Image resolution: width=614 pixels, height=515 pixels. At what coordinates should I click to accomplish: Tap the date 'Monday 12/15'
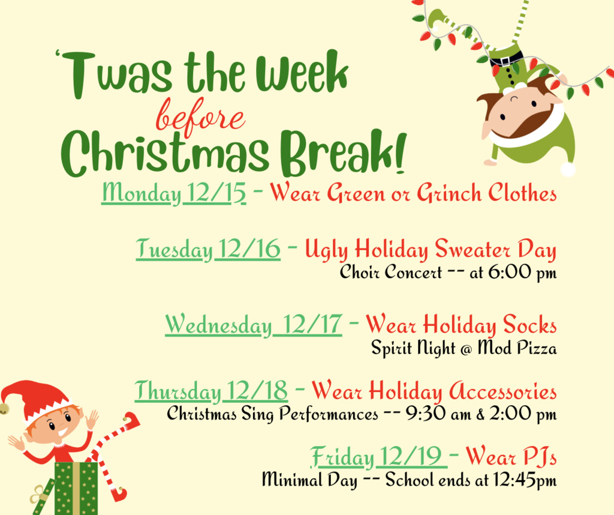174,193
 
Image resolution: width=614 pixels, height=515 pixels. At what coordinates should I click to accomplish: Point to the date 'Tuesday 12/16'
208,249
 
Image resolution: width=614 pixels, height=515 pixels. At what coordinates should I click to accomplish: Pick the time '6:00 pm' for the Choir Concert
522,273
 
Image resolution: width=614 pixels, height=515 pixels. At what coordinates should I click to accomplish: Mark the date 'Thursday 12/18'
210,391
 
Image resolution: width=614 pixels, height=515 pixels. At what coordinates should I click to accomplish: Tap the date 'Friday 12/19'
378,458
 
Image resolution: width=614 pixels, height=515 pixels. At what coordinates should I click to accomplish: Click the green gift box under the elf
76,487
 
